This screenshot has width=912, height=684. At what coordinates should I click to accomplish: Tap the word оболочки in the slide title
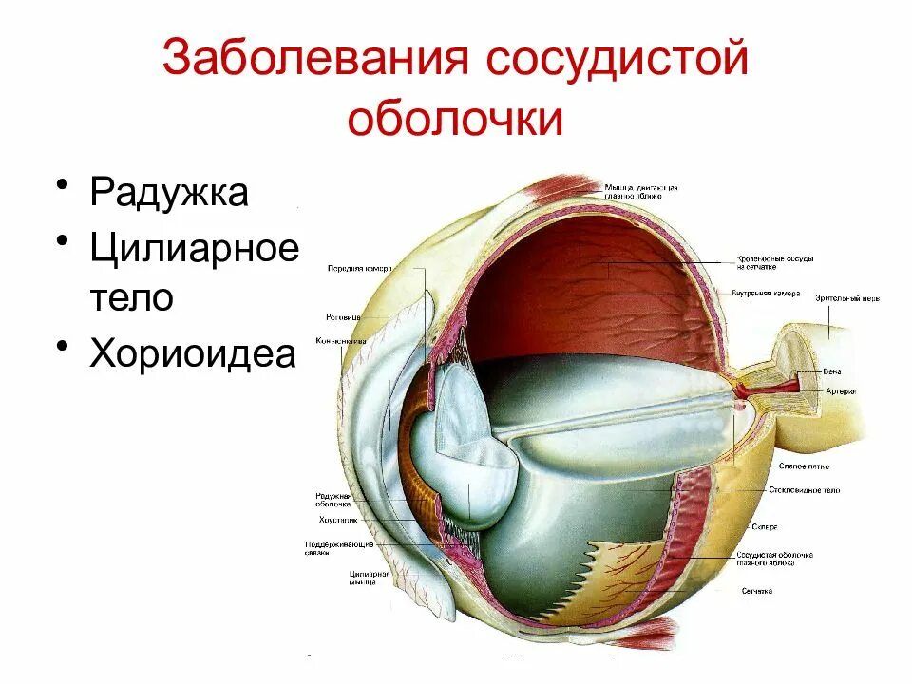click(x=456, y=121)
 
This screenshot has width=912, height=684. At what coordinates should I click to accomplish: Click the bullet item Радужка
click(x=169, y=192)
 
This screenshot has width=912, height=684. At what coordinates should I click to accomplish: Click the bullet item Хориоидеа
click(x=193, y=354)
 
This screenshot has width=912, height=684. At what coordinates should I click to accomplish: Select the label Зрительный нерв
click(x=847, y=297)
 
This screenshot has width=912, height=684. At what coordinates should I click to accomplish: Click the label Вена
click(x=833, y=371)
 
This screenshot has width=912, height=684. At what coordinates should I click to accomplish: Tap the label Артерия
click(x=841, y=390)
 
